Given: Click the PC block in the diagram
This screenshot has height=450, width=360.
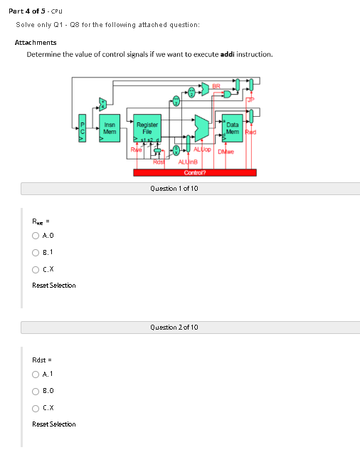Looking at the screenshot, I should point(82,128).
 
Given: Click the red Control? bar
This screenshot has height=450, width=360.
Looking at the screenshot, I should point(194,172).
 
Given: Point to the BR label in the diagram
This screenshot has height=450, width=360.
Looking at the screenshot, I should point(216,87).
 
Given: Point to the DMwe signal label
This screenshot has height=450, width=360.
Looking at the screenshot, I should point(226,151).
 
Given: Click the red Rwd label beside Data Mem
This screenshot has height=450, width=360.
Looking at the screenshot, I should point(250,132).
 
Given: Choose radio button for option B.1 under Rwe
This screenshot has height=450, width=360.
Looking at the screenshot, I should point(36,252).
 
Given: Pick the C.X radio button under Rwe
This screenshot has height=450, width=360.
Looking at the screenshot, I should point(36,268).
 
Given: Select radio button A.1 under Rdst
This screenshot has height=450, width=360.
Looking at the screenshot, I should point(36,374).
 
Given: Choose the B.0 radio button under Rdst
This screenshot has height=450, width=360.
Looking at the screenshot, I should point(36,390).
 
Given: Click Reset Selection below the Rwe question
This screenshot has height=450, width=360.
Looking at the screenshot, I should point(54,286).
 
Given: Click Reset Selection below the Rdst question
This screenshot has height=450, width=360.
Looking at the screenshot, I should point(54,424).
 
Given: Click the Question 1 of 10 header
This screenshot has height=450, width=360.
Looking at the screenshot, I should point(174,189).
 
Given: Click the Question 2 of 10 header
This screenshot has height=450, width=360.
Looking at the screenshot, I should point(174,327).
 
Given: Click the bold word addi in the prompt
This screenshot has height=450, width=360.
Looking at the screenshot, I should point(227,54).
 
